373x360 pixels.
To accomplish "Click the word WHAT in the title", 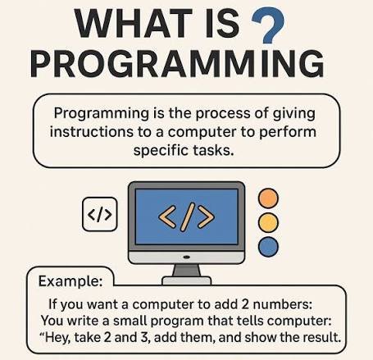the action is [133, 24].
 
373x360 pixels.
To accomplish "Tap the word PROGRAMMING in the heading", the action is [177, 63].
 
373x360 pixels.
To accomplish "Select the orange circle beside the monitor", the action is [268, 198].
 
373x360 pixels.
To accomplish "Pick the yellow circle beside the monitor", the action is [268, 222].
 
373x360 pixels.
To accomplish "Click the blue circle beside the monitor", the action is [268, 247].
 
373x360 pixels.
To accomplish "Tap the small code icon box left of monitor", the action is [100, 214].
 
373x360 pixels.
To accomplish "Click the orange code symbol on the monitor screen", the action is [186, 216].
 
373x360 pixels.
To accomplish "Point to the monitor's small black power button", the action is [187, 257].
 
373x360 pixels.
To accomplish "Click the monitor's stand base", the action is [187, 280].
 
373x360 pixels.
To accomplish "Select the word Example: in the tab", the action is [71, 281].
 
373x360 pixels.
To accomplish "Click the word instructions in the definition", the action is [91, 132].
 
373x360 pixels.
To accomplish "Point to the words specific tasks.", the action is [184, 151].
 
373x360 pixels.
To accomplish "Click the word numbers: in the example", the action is [283, 304].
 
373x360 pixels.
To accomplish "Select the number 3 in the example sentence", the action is [144, 337].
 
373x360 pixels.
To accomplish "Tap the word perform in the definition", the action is [288, 133].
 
